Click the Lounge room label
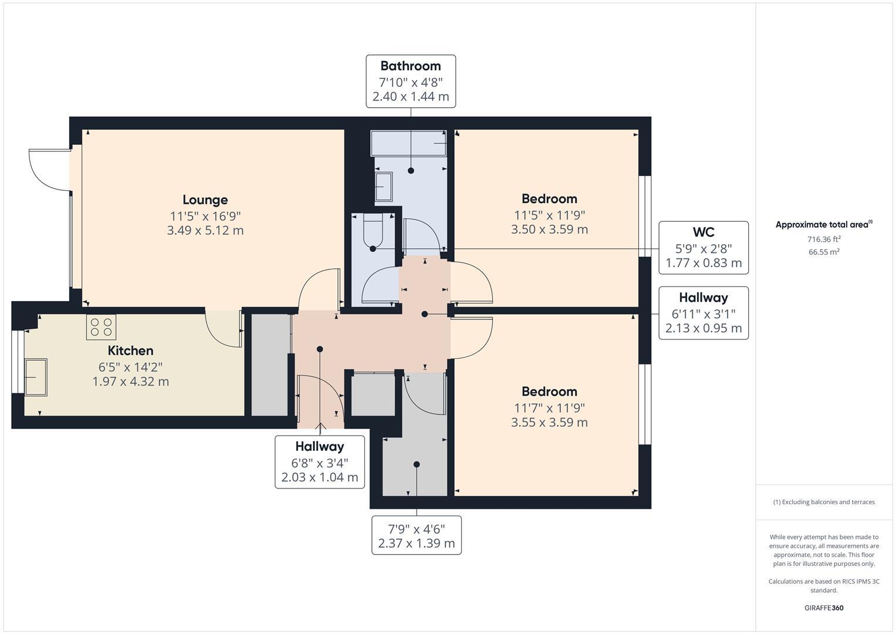tap(205, 200)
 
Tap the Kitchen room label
tap(130, 351)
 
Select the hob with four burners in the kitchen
tap(102, 327)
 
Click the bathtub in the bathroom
tap(409, 143)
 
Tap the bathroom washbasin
tap(383, 187)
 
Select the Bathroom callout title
tap(410, 66)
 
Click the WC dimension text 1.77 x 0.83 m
tap(703, 263)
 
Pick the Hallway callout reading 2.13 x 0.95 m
tap(703, 328)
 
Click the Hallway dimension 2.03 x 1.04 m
tap(320, 477)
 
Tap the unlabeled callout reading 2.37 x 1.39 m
tap(417, 543)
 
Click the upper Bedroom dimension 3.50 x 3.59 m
tap(549, 230)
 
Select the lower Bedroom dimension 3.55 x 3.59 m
tap(549, 422)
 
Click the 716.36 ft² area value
tap(824, 239)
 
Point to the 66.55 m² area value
tap(824, 252)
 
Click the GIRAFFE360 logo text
tap(824, 608)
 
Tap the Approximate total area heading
tap(823, 224)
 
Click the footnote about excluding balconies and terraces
tap(824, 502)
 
